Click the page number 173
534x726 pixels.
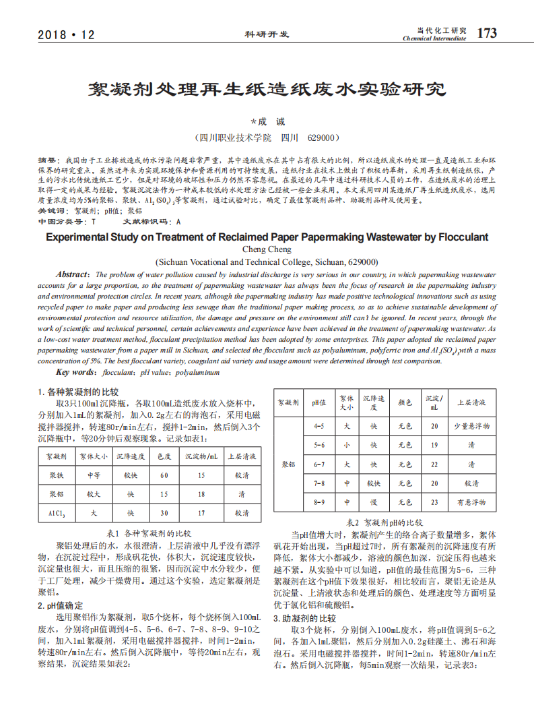pos(487,32)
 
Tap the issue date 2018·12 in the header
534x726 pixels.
pos(67,34)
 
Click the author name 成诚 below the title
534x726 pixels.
pos(268,122)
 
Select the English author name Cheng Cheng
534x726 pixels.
pos(267,249)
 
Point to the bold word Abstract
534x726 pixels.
pos(72,274)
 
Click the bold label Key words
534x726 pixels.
pos(75,372)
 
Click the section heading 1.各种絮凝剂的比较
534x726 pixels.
pos(78,392)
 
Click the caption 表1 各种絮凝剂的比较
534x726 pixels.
pos(149,533)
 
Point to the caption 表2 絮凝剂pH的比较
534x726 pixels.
pos(385,522)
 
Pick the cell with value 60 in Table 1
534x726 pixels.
pos(164,475)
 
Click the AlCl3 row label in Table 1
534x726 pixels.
pos(57,513)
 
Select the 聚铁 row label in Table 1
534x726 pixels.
pos(57,475)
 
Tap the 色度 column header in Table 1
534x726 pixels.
pos(164,456)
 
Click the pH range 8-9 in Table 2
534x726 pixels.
pos(319,502)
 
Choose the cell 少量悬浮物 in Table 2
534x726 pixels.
pos(471,426)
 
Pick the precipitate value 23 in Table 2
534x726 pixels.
pos(434,502)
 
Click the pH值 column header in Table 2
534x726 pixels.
pos(319,402)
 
